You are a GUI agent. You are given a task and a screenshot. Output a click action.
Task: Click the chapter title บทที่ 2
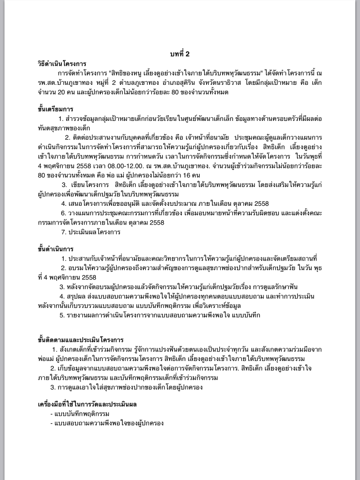click(180, 54)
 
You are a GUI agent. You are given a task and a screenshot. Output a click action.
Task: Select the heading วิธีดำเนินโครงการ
click(62, 64)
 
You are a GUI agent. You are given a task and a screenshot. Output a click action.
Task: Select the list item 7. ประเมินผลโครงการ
click(91, 231)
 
